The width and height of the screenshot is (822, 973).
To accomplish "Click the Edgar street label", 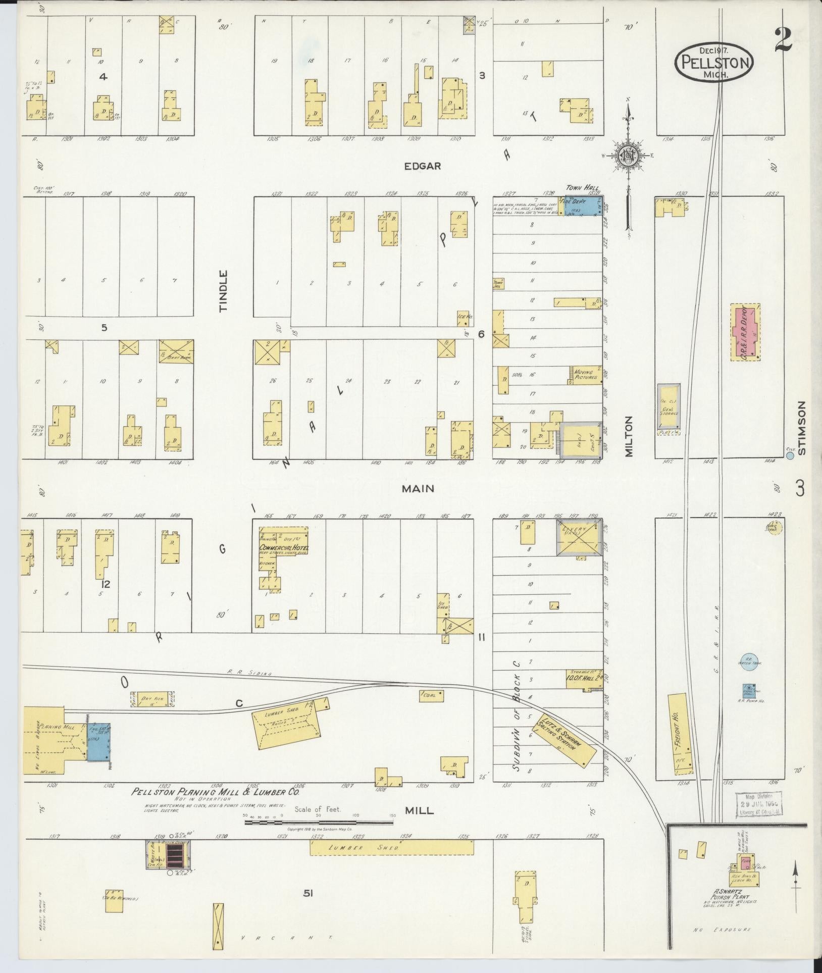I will coord(423,166).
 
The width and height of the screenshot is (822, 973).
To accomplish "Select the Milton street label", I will coord(628,436).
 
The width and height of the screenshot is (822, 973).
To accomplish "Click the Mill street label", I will coord(419,810).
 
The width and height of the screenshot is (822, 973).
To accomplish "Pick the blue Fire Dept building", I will coord(580,208).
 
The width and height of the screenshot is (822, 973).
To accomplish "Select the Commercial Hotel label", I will coord(284,548).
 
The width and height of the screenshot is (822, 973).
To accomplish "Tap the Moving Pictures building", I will coord(586,374).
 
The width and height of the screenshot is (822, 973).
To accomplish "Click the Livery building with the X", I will coord(578,538).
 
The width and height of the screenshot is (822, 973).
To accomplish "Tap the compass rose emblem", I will coord(628,157).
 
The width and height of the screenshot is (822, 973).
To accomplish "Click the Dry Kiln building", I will coord(150,699).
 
